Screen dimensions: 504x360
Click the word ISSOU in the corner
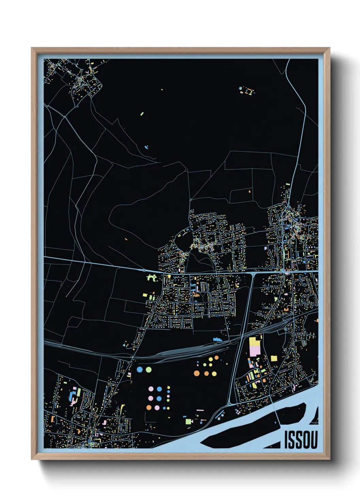click(301, 440)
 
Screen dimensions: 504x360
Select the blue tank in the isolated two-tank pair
click(140, 369)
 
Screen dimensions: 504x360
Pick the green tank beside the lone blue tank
click(148, 369)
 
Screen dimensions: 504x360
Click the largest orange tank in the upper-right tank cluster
click(197, 374)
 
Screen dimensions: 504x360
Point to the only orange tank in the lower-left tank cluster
click(149, 407)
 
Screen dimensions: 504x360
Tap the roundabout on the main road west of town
click(144, 270)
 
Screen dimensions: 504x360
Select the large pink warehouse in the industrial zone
click(255, 350)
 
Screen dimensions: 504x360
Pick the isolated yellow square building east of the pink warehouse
click(274, 358)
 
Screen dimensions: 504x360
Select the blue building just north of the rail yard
click(217, 340)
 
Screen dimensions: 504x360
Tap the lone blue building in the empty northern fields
click(146, 147)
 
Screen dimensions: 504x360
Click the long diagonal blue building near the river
click(220, 415)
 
